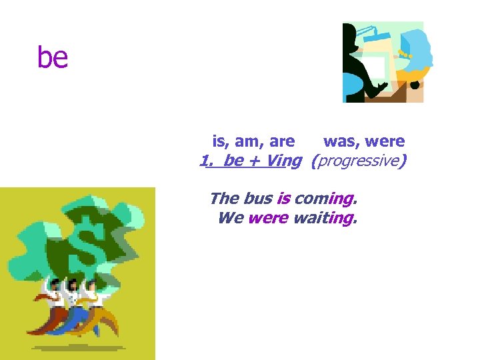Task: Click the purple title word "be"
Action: tap(53, 58)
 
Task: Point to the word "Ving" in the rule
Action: tap(283, 161)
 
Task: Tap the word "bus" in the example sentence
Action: tap(257, 198)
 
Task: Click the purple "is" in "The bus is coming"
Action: tap(283, 198)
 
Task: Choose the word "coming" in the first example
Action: tap(325, 198)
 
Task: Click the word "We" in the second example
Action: tap(230, 218)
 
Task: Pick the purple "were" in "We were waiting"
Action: tap(268, 218)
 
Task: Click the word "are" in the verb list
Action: tap(282, 141)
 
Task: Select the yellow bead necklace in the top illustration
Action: tap(405, 53)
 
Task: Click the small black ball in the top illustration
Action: tap(415, 85)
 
